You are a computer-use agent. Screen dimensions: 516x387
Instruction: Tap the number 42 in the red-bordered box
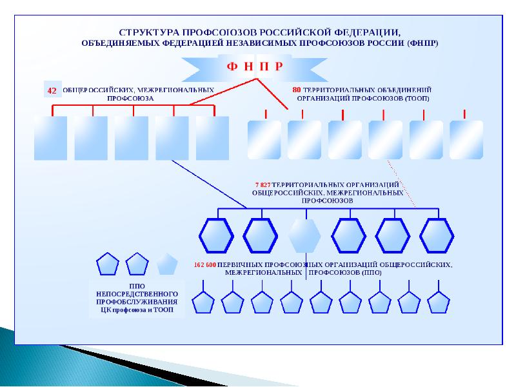tap(52, 92)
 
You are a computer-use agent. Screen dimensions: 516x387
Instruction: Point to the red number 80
tap(297, 90)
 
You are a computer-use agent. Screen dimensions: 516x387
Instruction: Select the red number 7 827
tap(263, 184)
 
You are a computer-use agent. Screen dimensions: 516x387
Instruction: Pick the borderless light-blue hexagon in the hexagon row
tap(304, 235)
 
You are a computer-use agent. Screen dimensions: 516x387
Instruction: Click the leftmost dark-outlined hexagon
tap(215, 235)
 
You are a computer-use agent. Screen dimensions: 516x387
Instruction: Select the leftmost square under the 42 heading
tap(50, 137)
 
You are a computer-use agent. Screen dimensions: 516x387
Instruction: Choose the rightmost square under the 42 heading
tap(212, 137)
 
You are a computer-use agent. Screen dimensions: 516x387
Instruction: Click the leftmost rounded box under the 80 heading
tap(264, 139)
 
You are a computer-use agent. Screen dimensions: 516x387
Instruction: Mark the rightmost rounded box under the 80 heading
tap(466, 139)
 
